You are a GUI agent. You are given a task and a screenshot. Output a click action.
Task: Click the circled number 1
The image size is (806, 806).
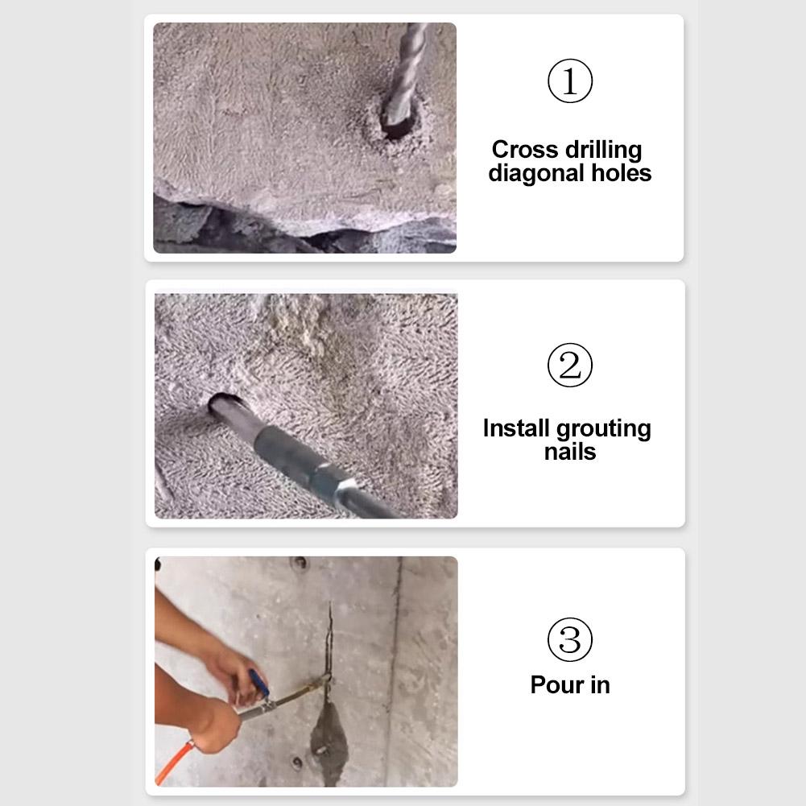pos(570,81)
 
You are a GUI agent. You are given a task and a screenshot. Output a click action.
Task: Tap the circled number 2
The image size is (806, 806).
pos(570,366)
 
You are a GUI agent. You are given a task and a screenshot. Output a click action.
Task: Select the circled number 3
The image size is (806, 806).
pos(570,639)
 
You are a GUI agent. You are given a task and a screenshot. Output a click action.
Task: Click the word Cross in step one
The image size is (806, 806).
pos(524,150)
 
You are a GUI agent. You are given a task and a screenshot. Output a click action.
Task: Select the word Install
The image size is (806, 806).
pos(516,428)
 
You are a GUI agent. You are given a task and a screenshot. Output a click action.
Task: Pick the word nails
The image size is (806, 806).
pos(569,452)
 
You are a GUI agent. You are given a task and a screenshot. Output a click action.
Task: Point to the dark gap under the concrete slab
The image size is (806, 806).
pos(242,229)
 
